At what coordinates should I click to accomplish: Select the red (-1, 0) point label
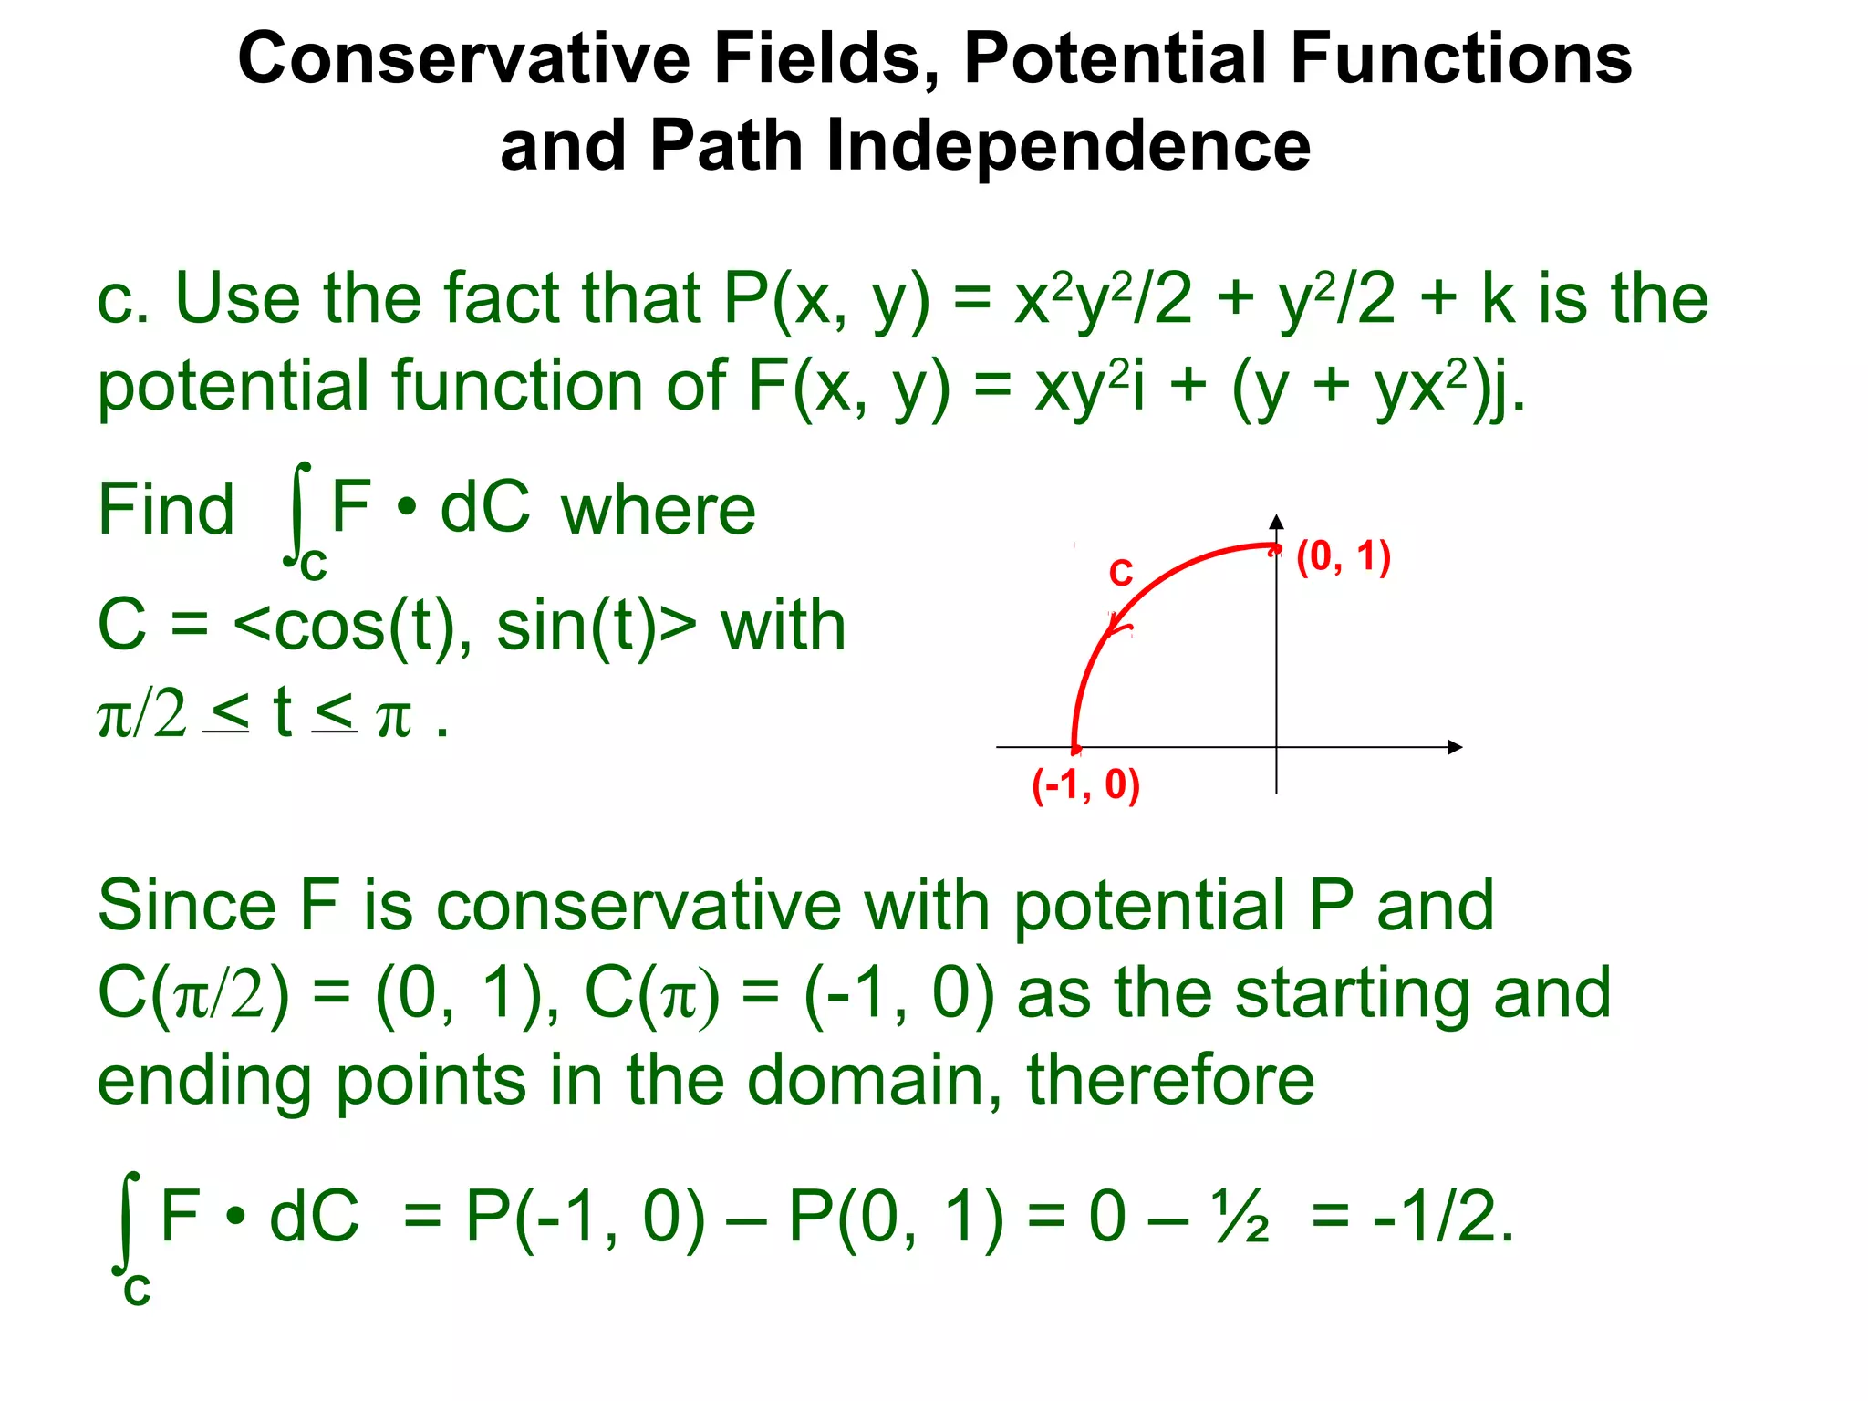pos(1085,785)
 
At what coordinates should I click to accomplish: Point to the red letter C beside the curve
pos(1121,574)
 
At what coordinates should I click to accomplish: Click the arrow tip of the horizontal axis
pos(1458,747)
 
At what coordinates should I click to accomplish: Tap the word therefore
pos(1170,1080)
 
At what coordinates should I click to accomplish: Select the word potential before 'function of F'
pos(233,387)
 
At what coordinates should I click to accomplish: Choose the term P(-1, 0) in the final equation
pos(585,1218)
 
